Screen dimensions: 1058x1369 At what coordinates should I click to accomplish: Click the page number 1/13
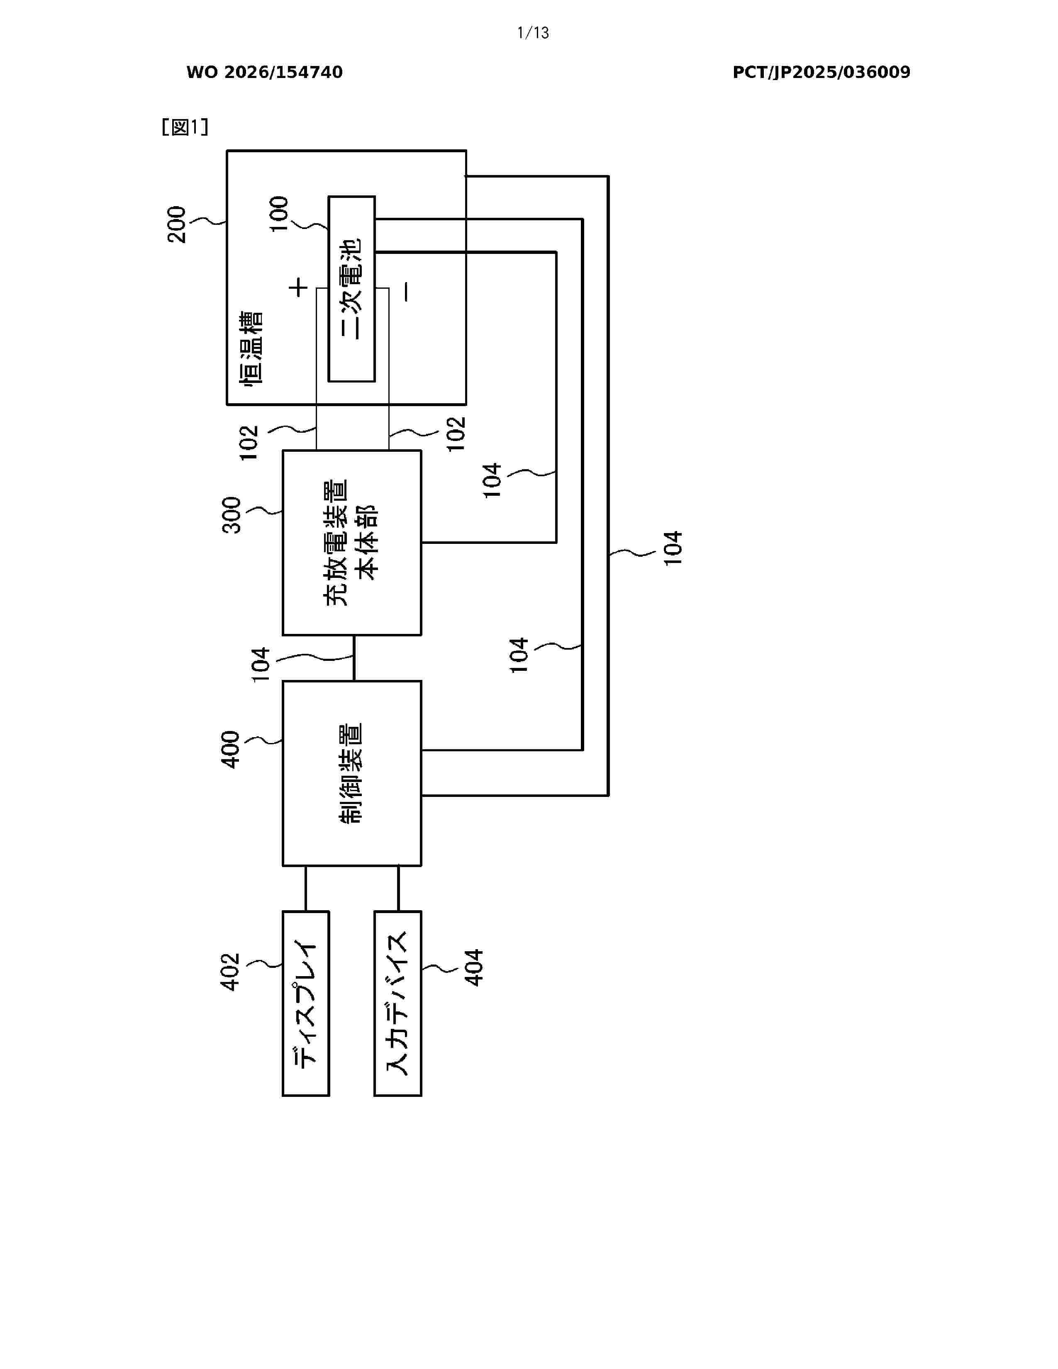[x=533, y=33]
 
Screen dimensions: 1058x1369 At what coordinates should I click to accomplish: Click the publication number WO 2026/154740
[x=265, y=73]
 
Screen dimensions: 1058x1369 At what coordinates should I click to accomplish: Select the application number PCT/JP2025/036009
[x=821, y=73]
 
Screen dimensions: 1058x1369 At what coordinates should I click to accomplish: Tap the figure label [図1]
[x=185, y=127]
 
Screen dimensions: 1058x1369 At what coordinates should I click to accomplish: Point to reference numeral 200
[x=177, y=224]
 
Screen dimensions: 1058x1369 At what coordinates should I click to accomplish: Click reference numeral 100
[x=279, y=214]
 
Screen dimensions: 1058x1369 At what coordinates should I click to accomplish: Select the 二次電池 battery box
[x=351, y=289]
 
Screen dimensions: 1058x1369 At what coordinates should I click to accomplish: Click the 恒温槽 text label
[x=251, y=348]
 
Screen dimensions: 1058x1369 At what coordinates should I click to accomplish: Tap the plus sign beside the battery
[x=298, y=288]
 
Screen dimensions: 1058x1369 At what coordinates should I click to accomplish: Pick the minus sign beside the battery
[x=406, y=292]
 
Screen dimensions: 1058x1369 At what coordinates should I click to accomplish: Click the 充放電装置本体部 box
[x=351, y=543]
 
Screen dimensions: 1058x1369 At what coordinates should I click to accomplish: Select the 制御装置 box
[x=351, y=774]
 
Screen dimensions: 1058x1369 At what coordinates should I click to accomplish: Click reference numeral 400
[x=231, y=750]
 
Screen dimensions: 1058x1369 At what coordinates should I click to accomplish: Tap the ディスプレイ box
[x=306, y=1004]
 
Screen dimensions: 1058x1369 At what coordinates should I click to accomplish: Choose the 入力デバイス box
[x=398, y=1004]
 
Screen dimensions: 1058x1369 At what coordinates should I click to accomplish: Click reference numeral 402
[x=231, y=972]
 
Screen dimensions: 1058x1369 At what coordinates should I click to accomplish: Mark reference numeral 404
[x=474, y=968]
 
